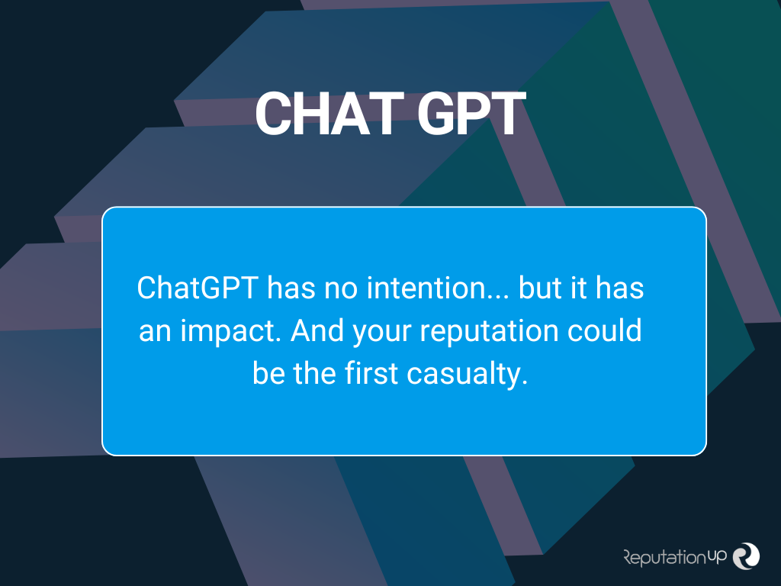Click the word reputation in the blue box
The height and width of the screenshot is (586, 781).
[493, 333]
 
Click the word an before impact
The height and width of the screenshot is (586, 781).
[153, 333]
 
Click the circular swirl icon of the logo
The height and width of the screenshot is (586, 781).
[746, 555]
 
